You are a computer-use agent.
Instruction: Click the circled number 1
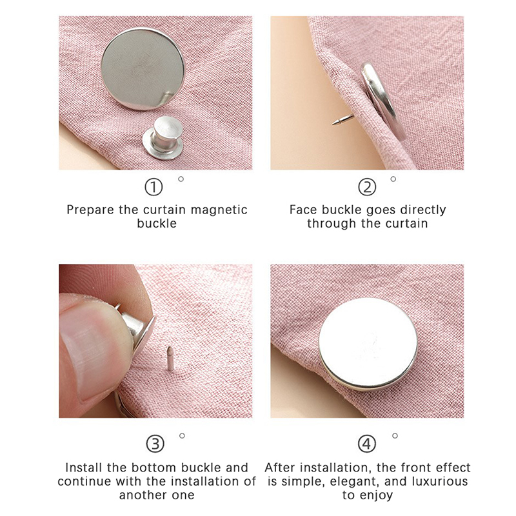[154, 187]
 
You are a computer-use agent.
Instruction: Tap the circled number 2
[366, 187]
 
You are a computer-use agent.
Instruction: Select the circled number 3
[155, 444]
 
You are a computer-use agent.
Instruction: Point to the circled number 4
[366, 444]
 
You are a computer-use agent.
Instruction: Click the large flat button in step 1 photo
[143, 69]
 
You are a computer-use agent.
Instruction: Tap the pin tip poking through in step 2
[333, 123]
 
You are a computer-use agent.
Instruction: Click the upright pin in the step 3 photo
[170, 359]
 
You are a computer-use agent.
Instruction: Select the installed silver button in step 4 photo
[368, 344]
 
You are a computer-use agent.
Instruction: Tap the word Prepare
[90, 210]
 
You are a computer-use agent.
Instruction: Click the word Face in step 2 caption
[304, 210]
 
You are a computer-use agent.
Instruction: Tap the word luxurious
[440, 481]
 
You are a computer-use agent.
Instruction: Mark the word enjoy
[377, 495]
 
